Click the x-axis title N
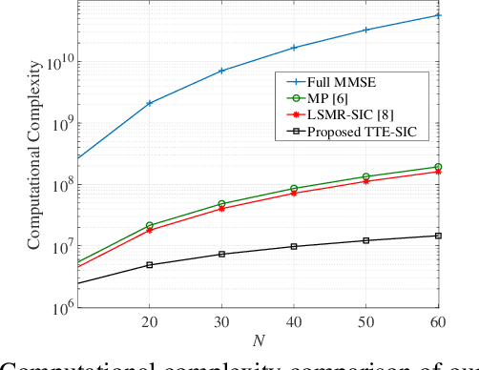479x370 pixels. (x=258, y=339)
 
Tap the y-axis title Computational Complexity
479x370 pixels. (x=34, y=154)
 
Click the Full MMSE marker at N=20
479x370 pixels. (x=149, y=103)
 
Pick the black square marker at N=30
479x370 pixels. (x=221, y=254)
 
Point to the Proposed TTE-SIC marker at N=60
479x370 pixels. (x=438, y=236)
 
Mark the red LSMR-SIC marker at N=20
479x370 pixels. (x=149, y=231)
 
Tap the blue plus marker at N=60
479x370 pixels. (x=438, y=15)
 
